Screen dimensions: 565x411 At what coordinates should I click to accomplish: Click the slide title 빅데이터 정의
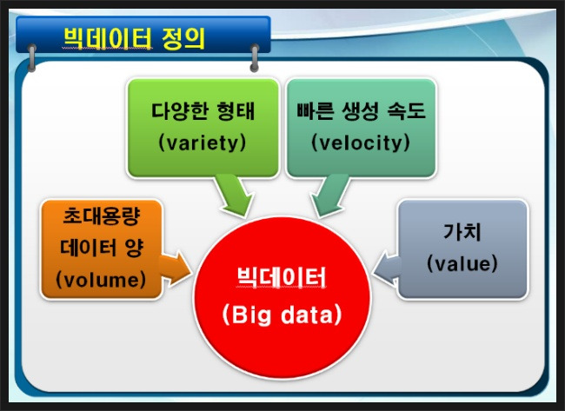click(134, 38)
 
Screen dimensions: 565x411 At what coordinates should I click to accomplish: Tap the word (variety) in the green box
click(203, 143)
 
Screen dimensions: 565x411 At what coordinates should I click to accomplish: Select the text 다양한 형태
click(203, 110)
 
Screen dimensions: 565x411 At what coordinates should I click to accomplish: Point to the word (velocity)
click(361, 143)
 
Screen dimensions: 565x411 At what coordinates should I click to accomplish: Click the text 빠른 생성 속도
click(361, 110)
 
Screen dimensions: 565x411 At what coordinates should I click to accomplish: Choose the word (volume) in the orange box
click(101, 280)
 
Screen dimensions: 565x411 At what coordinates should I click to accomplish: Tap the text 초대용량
click(101, 216)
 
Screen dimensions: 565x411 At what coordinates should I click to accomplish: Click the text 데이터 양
click(102, 248)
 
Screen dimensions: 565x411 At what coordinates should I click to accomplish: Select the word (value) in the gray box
click(462, 263)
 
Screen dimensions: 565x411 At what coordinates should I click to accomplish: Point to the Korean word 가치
click(462, 232)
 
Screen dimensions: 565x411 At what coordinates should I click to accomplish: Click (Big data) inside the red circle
click(282, 315)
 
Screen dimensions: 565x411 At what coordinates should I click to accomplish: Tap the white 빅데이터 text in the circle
click(282, 278)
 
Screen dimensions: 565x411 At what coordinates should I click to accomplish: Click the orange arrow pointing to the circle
click(176, 268)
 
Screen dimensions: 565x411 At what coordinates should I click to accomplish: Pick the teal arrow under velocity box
click(329, 196)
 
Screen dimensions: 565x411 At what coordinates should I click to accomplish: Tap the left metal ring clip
click(32, 57)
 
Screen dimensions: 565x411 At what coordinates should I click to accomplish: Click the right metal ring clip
click(255, 57)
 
